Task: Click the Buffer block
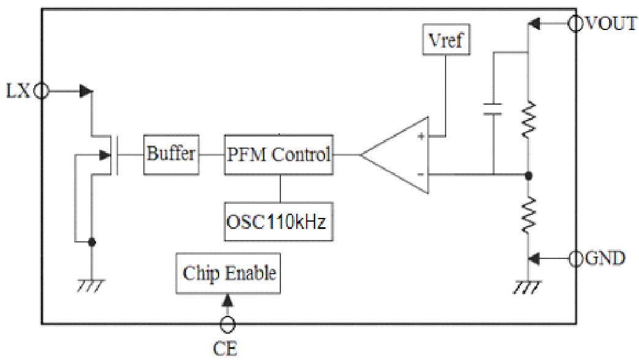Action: [x=171, y=153]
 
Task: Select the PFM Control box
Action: [x=279, y=154]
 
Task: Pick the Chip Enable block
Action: [x=229, y=272]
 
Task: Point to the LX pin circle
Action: [x=41, y=91]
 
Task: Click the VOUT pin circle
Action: [x=576, y=24]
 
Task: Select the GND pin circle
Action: [x=576, y=259]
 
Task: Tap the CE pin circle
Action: [x=228, y=324]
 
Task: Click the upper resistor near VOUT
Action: [x=528, y=119]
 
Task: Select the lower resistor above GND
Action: [x=528, y=214]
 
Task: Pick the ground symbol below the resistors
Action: [x=528, y=286]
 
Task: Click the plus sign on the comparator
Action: [x=420, y=136]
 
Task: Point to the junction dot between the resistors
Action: [x=528, y=176]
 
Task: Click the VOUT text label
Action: [x=611, y=24]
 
